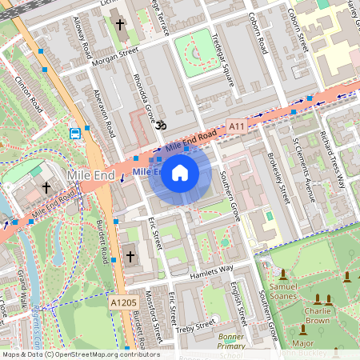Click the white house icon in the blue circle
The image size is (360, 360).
(x=180, y=173)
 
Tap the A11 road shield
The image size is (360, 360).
(x=236, y=126)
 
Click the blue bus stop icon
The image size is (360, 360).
(x=75, y=132)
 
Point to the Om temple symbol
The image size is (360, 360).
(x=158, y=126)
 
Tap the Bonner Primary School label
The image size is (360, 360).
(x=231, y=343)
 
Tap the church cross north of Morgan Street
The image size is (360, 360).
(x=120, y=25)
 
